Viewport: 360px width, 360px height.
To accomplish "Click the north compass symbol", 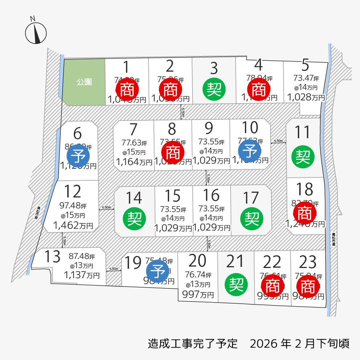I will point(36,32).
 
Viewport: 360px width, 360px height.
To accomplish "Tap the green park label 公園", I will point(84,82).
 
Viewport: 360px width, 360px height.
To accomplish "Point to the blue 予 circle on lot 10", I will point(250,151).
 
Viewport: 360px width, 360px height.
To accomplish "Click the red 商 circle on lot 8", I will point(172,152).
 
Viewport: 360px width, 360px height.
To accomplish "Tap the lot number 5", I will point(305,65).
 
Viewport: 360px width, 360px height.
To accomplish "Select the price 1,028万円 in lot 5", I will point(306,97).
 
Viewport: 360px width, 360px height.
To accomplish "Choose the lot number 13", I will point(52,257).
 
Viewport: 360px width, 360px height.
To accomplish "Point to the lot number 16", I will point(211,196).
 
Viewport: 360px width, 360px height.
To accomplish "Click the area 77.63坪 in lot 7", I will point(133,142).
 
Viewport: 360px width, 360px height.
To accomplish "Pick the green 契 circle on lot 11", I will point(303,156).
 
